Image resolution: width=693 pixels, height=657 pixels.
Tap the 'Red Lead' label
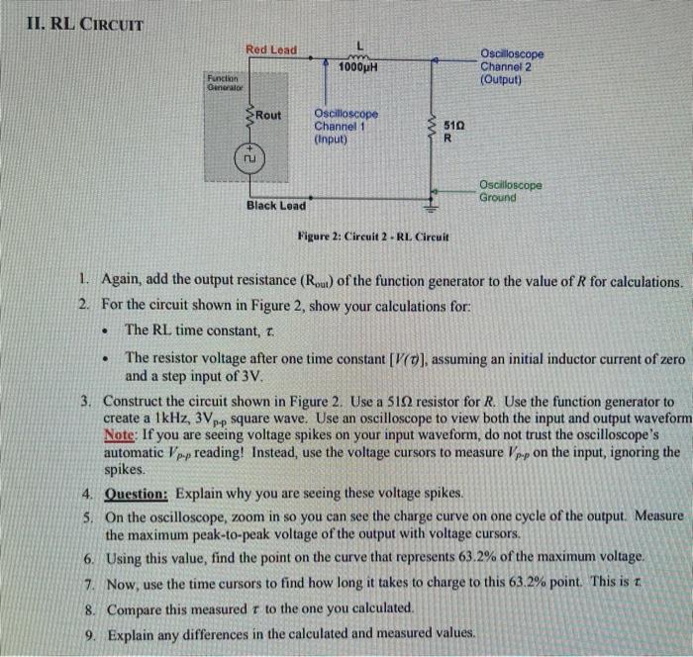pyautogui.click(x=270, y=49)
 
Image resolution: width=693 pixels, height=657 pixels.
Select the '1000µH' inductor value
pyautogui.click(x=358, y=67)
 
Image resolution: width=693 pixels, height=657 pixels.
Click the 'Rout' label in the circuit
pyautogui.click(x=267, y=116)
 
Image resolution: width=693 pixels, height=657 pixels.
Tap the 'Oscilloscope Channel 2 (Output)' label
pyautogui.click(x=511, y=67)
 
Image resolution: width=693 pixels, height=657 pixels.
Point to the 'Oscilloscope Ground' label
pyautogui.click(x=510, y=191)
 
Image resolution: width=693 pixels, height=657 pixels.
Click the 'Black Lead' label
pyautogui.click(x=276, y=205)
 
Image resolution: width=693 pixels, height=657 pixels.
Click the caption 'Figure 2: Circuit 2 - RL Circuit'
pyautogui.click(x=373, y=237)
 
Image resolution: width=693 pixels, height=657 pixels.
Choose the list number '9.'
pyautogui.click(x=88, y=633)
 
